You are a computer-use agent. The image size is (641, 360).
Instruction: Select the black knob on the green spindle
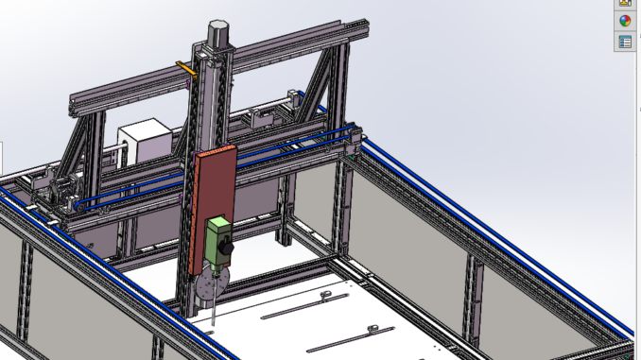click(227, 248)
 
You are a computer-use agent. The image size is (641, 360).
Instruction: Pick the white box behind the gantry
click(144, 144)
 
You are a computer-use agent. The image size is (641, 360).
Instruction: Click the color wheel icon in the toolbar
click(625, 21)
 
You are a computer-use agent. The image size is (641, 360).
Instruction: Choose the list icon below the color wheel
click(625, 42)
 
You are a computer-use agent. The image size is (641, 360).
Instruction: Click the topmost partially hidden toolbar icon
click(625, 3)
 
